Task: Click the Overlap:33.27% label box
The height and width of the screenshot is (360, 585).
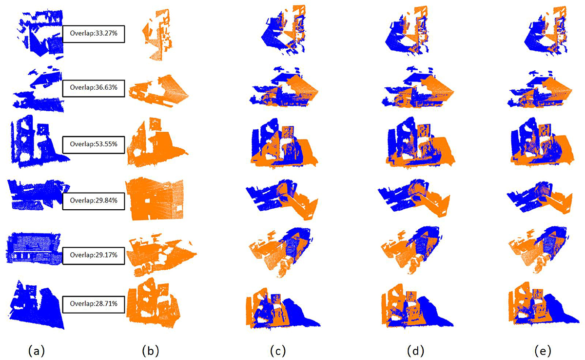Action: pyautogui.click(x=94, y=34)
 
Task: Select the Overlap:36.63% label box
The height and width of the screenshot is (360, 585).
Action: pyautogui.click(x=94, y=88)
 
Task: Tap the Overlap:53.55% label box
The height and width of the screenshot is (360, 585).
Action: pyautogui.click(x=94, y=145)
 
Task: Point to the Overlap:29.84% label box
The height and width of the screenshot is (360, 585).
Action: pyautogui.click(x=94, y=201)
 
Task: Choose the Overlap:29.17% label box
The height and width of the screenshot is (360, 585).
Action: pyautogui.click(x=94, y=256)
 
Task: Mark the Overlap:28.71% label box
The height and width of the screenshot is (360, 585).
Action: pyautogui.click(x=94, y=304)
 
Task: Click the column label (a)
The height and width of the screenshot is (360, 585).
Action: pyautogui.click(x=36, y=351)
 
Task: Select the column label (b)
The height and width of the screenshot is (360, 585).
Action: pyautogui.click(x=151, y=351)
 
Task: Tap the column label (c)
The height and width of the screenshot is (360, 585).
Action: pyautogui.click(x=277, y=351)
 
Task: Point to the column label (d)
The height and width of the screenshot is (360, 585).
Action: pyautogui.click(x=415, y=351)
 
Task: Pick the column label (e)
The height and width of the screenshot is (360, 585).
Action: pyautogui.click(x=543, y=351)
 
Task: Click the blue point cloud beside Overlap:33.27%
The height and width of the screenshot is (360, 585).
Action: pyautogui.click(x=40, y=35)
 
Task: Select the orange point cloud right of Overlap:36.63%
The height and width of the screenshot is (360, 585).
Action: pyautogui.click(x=158, y=91)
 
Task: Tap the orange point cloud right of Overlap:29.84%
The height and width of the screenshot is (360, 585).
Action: pyautogui.click(x=155, y=199)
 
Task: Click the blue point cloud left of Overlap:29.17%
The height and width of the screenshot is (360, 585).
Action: pyautogui.click(x=34, y=248)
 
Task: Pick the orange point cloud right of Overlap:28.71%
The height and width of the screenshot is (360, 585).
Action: pyautogui.click(x=153, y=303)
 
